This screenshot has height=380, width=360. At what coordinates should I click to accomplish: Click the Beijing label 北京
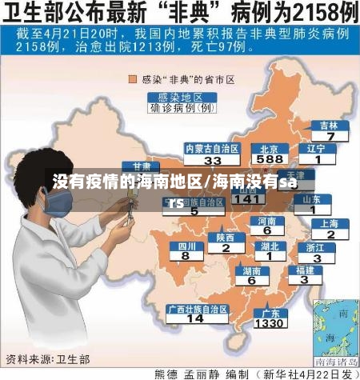269,148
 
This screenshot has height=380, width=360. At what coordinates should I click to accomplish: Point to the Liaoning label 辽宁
317,148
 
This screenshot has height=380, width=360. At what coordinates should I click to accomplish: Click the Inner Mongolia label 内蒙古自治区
212,148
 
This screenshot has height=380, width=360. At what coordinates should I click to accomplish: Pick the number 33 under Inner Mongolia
212,159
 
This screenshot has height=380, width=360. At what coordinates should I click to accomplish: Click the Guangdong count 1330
269,324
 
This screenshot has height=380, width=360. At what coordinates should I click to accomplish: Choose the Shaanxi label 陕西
226,237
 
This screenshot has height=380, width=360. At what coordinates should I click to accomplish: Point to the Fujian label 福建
306,270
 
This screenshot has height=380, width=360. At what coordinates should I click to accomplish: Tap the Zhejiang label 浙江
317,247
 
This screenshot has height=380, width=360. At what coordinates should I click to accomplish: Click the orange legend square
134,79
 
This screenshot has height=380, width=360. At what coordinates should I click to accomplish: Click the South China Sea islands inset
336,329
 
